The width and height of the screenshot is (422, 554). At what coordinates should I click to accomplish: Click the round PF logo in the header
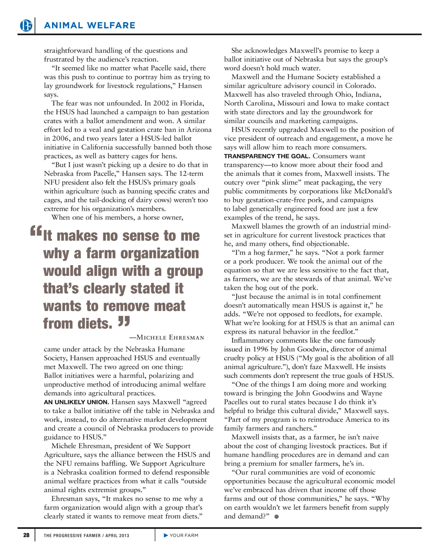click(x=26, y=26)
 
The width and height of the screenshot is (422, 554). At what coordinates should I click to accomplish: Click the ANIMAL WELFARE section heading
click(x=90, y=26)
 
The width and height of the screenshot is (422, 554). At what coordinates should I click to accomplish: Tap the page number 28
click(x=26, y=535)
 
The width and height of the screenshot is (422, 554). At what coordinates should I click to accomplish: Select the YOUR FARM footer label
click(x=184, y=535)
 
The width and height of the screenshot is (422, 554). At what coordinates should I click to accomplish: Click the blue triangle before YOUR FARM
click(x=166, y=535)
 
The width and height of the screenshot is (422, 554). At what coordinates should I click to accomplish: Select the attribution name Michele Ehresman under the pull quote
click(x=170, y=337)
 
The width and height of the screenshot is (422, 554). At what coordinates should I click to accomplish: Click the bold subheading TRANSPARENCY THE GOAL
click(x=267, y=156)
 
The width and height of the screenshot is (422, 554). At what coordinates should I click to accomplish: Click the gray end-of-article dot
click(x=276, y=517)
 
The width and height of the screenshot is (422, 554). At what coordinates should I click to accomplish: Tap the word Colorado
click(x=360, y=86)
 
